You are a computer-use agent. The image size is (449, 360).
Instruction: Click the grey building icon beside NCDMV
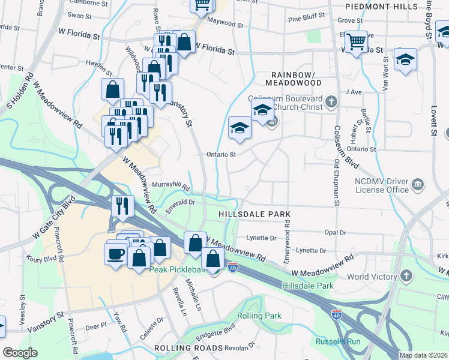418,185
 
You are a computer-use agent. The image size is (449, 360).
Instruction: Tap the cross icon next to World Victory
407,276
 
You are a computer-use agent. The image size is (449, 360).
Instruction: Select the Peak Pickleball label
178,270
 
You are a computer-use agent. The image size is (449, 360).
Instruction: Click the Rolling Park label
259,316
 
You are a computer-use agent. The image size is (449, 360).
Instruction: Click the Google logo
20,352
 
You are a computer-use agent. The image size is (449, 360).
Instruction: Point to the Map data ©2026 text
423,355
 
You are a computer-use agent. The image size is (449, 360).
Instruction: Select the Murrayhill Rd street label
171,185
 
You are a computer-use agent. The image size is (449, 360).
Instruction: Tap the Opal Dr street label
335,232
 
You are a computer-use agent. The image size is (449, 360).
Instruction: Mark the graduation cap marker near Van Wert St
405,60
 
